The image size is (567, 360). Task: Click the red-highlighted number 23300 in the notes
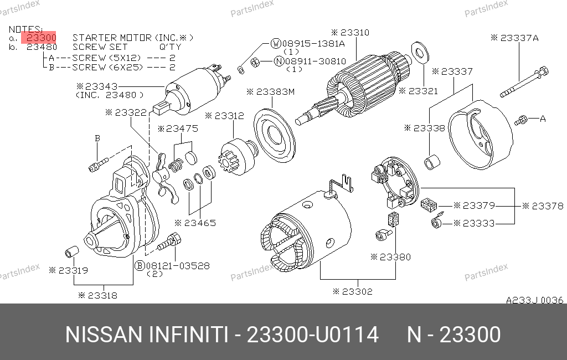(41, 38)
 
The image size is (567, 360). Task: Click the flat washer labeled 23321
(420, 53)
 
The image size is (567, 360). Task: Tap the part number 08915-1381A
(313, 44)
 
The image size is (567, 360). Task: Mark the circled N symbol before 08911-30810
(279, 61)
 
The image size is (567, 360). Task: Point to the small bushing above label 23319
(72, 251)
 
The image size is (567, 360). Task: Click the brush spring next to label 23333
(437, 221)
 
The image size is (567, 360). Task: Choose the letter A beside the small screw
(543, 119)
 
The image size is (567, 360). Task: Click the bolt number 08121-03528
(178, 266)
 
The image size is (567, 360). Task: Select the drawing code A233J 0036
(534, 300)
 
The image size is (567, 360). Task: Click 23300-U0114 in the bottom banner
(312, 335)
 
